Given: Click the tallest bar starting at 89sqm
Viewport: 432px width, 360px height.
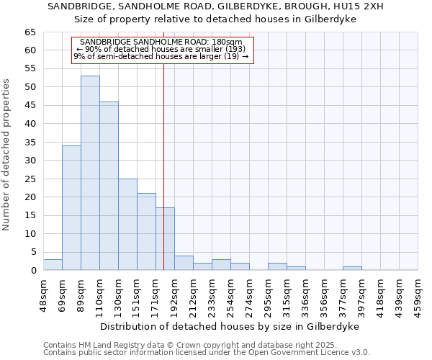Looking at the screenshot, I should click(x=90, y=173).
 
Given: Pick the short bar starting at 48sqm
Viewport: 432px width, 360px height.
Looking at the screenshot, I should click(x=53, y=265).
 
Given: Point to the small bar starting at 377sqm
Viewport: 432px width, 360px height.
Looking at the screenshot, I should click(x=352, y=269).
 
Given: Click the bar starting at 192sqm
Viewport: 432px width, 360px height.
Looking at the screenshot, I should click(x=184, y=263).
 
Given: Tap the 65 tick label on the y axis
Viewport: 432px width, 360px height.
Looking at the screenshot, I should click(x=30, y=32).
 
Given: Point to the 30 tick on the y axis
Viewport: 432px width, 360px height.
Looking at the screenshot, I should click(x=30, y=161).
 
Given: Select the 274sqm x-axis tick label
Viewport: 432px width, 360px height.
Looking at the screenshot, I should click(x=249, y=294).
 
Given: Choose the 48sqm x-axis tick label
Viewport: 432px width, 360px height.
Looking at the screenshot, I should click(x=43, y=294).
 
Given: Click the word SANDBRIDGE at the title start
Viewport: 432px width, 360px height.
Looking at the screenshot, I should click(x=76, y=6).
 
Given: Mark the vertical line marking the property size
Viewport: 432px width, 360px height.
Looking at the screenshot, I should click(x=163, y=180).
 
